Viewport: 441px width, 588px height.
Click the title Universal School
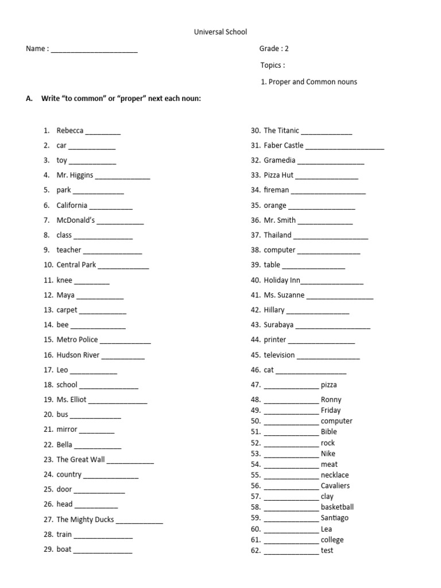point(220,33)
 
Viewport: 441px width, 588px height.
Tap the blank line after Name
point(94,51)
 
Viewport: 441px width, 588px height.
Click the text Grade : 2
point(274,49)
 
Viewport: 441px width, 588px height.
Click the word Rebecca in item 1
point(70,130)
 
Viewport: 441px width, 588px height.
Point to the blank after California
point(111,207)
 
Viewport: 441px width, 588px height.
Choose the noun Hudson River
point(78,355)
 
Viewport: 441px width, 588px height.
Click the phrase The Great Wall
point(81,459)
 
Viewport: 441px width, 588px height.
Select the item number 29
point(48,550)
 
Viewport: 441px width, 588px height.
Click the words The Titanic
point(281,130)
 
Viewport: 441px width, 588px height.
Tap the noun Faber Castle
point(284,145)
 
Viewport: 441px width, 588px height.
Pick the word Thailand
point(278,235)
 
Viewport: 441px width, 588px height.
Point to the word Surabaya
point(278,324)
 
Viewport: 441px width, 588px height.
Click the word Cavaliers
point(335,486)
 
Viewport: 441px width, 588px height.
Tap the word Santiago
point(335,518)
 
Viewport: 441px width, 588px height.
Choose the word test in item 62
point(327,551)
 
